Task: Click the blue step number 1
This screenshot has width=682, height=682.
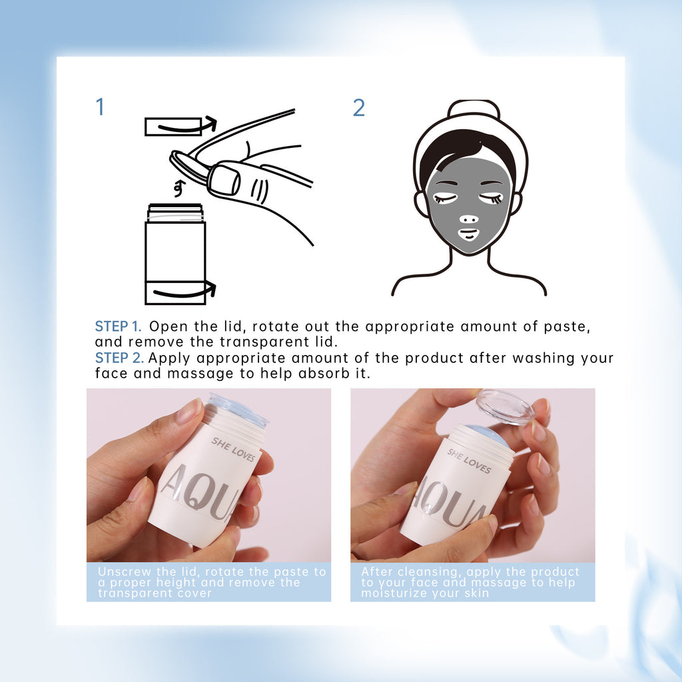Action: click(101, 107)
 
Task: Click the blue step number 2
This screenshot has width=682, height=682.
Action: click(358, 108)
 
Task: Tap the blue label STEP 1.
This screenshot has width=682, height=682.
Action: click(118, 327)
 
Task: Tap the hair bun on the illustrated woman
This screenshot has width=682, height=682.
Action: click(474, 109)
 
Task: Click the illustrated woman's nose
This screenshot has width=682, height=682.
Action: click(469, 218)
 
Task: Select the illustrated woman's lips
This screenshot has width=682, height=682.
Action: click(469, 234)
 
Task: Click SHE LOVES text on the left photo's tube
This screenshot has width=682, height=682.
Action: click(233, 450)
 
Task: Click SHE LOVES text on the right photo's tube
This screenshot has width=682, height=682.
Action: click(469, 462)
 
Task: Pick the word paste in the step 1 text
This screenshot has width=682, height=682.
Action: click(565, 327)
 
